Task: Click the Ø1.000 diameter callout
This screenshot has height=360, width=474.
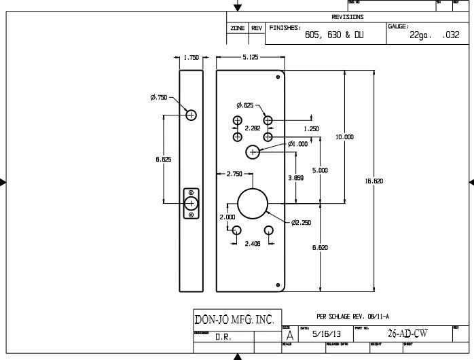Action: (297, 144)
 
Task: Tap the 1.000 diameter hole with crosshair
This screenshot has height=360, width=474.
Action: (253, 152)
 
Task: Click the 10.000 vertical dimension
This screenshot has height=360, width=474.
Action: (344, 137)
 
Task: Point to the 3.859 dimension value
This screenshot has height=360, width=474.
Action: (295, 177)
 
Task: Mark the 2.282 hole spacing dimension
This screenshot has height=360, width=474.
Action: (252, 128)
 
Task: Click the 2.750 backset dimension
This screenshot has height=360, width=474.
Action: (235, 175)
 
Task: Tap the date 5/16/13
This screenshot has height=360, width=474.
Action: (323, 335)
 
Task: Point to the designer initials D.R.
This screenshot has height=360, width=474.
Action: (222, 338)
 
